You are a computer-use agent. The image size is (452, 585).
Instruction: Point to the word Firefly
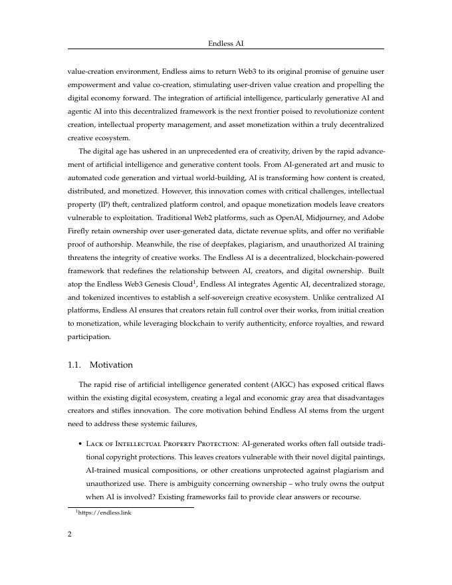click(x=80, y=231)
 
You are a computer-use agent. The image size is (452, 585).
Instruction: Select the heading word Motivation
click(x=111, y=365)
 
